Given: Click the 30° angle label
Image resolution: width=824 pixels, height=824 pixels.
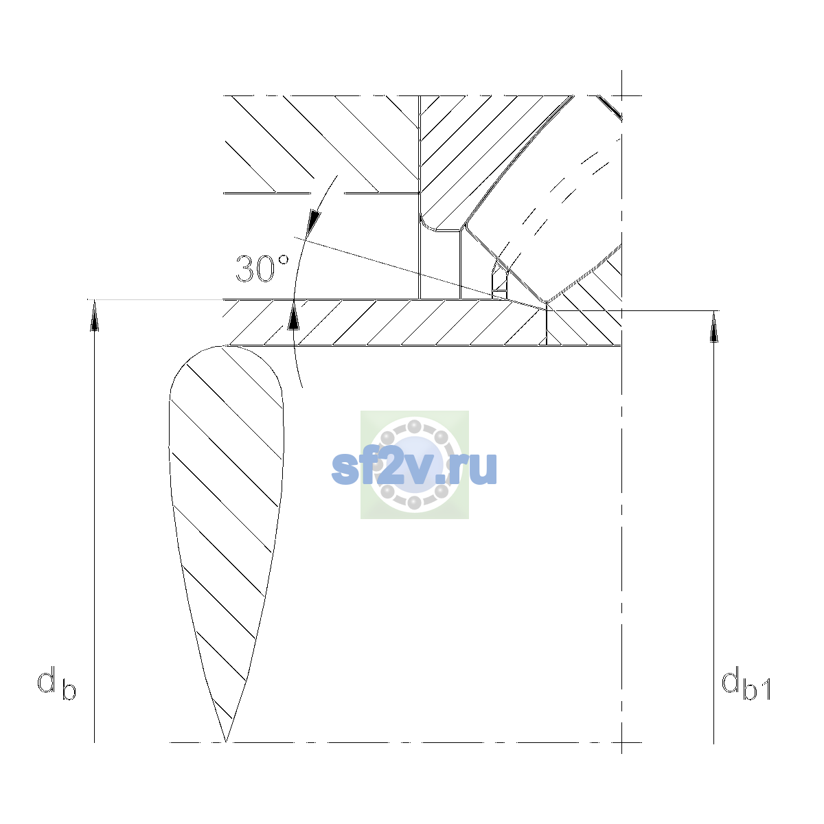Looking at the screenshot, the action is [262, 268].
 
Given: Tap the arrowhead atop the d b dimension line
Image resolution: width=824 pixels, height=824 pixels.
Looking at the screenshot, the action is [95, 315].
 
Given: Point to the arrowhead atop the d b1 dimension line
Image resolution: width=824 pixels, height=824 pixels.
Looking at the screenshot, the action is [713, 327].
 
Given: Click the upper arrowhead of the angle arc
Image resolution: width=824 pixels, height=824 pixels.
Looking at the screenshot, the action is [314, 222].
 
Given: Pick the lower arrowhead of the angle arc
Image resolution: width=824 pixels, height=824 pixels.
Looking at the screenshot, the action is [293, 316].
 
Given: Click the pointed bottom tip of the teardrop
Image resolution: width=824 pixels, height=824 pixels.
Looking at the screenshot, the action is [226, 742].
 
